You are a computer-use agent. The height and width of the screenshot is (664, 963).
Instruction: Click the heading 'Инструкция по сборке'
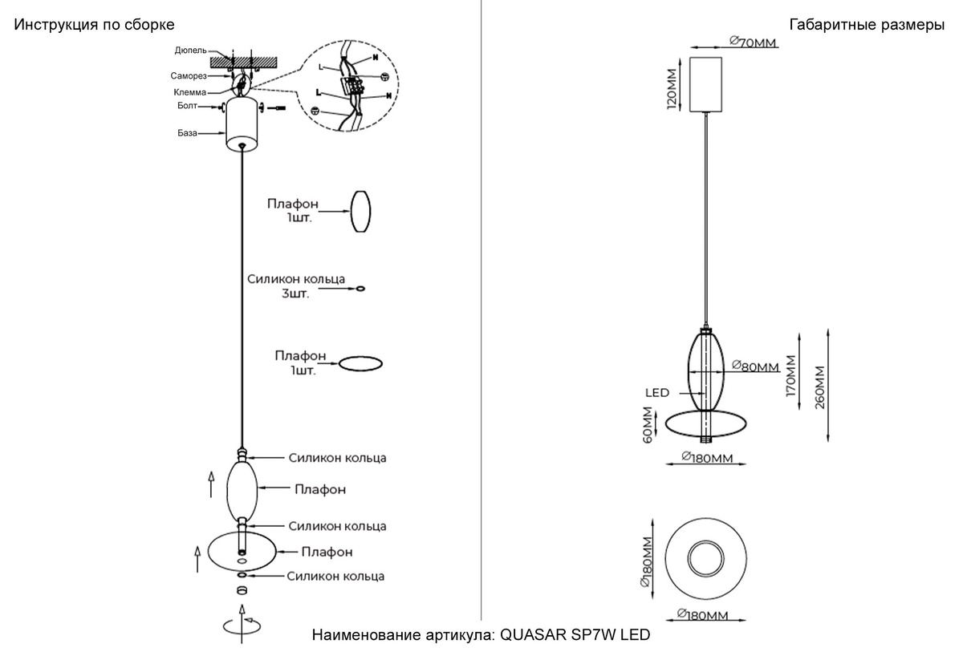(x=94, y=26)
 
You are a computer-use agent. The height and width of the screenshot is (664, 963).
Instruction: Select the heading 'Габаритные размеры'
(x=867, y=26)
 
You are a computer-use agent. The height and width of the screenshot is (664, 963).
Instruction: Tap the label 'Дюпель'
(x=190, y=51)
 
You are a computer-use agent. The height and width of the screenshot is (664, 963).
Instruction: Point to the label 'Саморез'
(x=189, y=76)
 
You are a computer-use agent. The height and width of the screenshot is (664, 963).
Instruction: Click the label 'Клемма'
(x=189, y=92)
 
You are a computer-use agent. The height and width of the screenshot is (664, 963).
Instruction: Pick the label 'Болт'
(x=187, y=105)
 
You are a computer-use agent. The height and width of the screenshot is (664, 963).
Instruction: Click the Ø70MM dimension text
(x=753, y=43)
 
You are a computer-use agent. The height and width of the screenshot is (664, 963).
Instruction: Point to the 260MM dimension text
(x=819, y=387)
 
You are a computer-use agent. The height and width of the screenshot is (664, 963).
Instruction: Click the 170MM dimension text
(x=792, y=376)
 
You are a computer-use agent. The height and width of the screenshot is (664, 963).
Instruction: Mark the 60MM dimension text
(x=648, y=424)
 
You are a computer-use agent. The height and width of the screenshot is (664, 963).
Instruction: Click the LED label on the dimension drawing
(x=657, y=393)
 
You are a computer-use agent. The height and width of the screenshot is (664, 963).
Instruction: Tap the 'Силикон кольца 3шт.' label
(x=296, y=286)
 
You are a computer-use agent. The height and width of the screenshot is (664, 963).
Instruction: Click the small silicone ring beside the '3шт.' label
(x=360, y=287)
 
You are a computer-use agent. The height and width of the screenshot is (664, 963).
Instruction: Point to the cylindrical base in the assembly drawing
(x=242, y=124)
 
